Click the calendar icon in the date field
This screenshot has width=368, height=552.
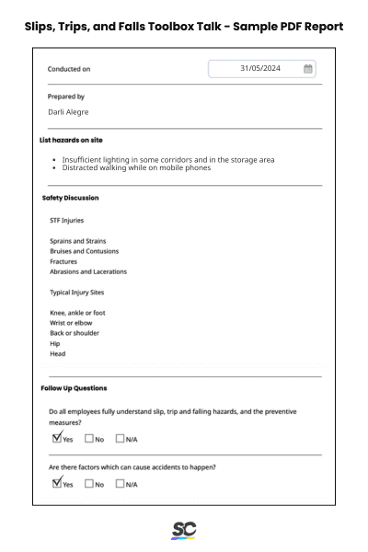[308, 69]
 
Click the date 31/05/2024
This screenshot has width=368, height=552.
[260, 69]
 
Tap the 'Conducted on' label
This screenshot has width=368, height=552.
[69, 69]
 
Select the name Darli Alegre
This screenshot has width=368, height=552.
[68, 112]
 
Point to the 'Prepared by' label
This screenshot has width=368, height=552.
[66, 97]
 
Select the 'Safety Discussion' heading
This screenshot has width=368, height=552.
[70, 198]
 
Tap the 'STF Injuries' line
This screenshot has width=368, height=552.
[66, 221]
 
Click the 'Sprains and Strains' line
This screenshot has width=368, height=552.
[77, 241]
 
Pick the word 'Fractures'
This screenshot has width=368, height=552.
[63, 261]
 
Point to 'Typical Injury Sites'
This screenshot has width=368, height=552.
[76, 293]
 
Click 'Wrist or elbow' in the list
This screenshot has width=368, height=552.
[71, 323]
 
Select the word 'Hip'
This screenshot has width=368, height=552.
[54, 343]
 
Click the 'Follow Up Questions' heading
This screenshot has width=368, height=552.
[74, 388]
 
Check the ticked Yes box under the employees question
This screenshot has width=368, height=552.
[57, 438]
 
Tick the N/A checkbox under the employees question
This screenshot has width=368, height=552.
[120, 439]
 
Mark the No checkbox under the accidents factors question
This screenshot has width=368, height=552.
[89, 484]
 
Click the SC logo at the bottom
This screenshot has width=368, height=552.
[184, 531]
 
